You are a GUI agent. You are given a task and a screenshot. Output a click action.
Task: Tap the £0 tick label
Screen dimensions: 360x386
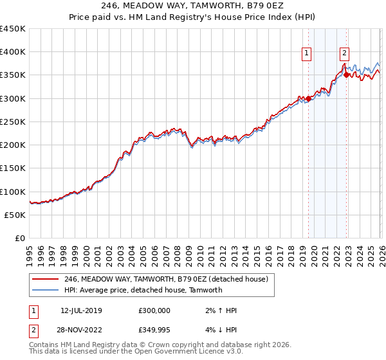[x=19, y=238]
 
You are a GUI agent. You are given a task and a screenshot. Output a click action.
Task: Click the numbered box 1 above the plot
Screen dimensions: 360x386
[x=306, y=54]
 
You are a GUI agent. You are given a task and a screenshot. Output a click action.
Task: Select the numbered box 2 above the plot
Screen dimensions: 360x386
[x=345, y=54]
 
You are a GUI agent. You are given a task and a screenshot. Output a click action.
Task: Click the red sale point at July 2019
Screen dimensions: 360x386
[x=308, y=98]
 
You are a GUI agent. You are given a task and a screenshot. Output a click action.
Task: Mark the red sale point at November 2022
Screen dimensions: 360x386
[x=347, y=75]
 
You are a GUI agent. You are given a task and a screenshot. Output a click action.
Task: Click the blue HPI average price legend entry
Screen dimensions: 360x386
[x=143, y=290]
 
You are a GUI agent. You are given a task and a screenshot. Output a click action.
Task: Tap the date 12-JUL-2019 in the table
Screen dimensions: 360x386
[x=81, y=310]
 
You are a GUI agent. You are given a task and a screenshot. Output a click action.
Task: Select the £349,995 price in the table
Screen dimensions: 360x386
[x=154, y=329]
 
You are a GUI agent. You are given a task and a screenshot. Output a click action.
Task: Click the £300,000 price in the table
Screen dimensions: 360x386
[x=154, y=310]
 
